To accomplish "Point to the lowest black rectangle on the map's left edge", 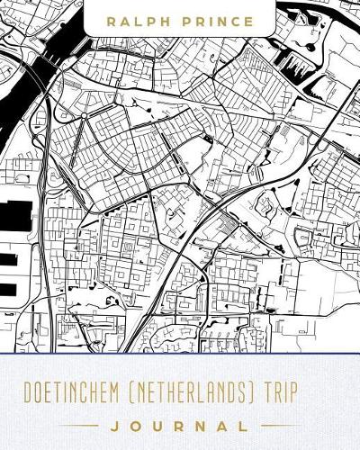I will [7, 290].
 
